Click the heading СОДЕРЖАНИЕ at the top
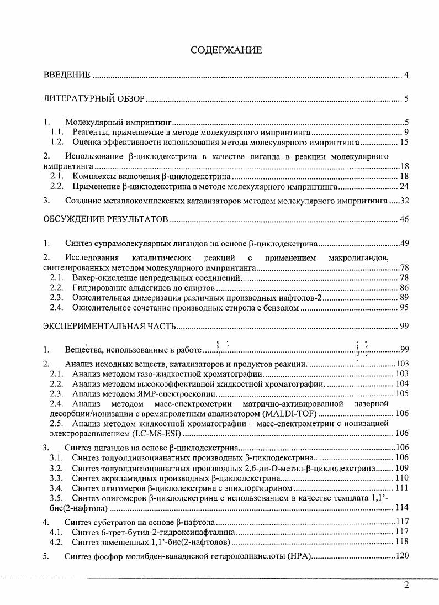pyautogui.click(x=226, y=50)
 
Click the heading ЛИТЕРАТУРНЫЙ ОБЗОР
pyautogui.click(x=94, y=99)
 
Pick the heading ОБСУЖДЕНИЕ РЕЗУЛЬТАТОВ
pyautogui.click(x=105, y=220)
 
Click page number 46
pyautogui.click(x=404, y=220)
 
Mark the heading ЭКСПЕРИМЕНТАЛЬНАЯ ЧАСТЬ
pyautogui.click(x=110, y=326)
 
